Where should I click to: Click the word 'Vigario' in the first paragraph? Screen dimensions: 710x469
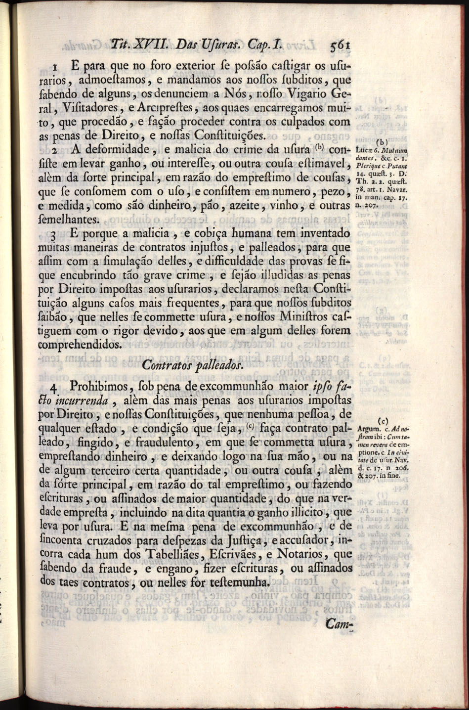tap(307, 93)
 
